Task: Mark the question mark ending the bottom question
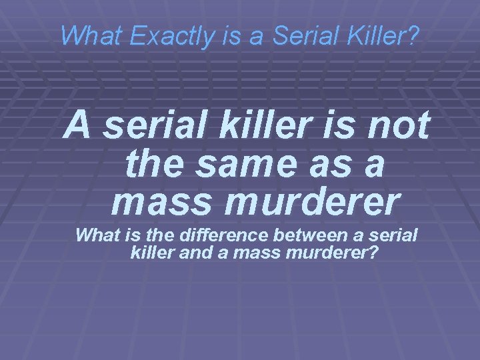pyautogui.click(x=373, y=253)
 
